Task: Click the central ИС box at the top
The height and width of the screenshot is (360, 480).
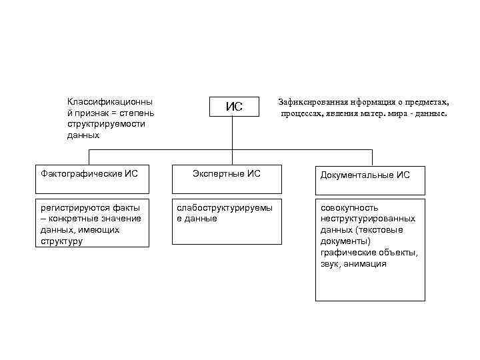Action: (x=233, y=107)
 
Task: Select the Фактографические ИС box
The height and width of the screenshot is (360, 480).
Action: (x=91, y=175)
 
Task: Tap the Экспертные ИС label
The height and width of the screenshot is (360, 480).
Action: (x=227, y=174)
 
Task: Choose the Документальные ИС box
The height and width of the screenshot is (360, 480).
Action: (x=369, y=175)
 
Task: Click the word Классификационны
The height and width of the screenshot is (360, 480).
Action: (x=109, y=102)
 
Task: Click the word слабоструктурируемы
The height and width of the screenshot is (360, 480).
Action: (x=224, y=208)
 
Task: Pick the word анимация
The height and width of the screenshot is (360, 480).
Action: (x=366, y=264)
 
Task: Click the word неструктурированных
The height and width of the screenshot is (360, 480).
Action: (x=368, y=219)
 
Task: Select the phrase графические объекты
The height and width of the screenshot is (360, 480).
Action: (x=369, y=253)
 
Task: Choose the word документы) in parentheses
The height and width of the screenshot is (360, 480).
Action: (x=345, y=241)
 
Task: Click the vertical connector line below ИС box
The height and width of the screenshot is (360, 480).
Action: (x=233, y=133)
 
